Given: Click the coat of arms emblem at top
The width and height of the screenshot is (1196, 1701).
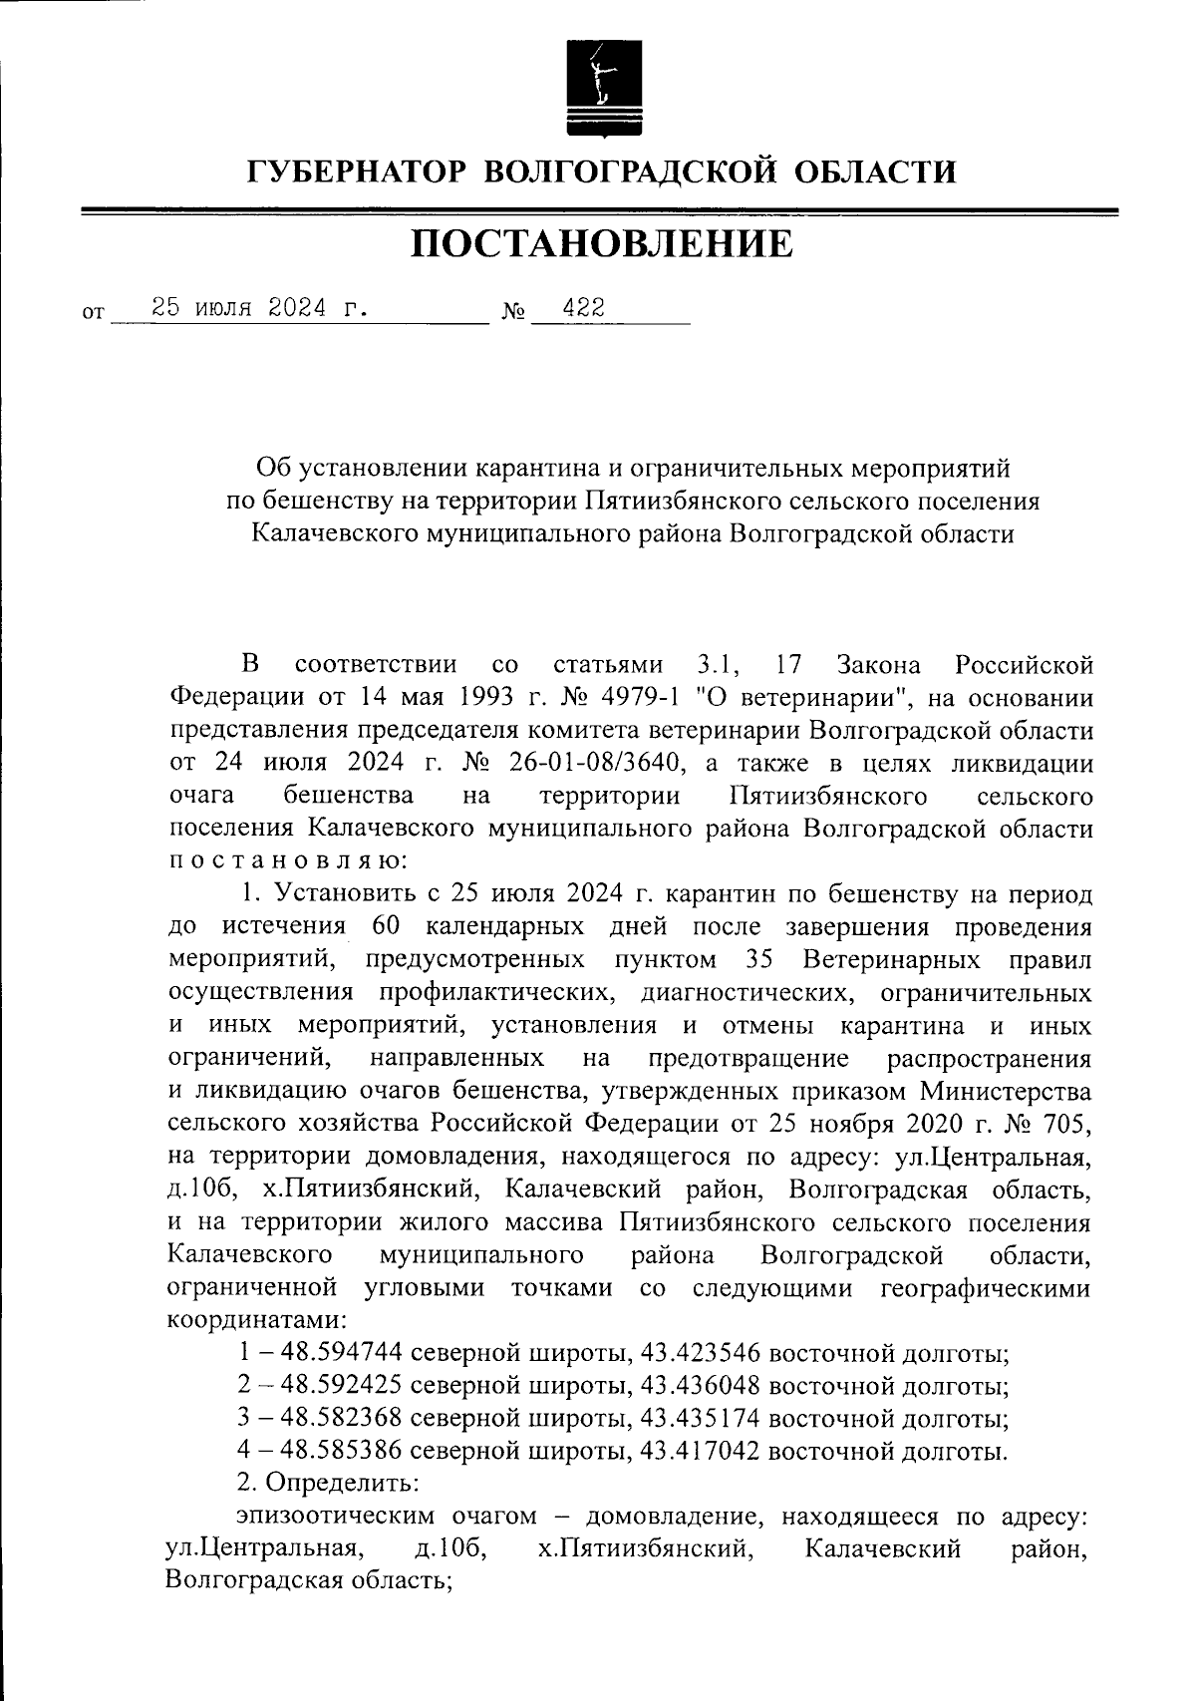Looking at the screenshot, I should click(x=599, y=89).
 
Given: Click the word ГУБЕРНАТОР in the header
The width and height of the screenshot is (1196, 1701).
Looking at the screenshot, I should click(x=355, y=171).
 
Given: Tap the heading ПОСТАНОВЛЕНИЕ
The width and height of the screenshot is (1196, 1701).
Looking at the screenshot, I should click(x=602, y=243).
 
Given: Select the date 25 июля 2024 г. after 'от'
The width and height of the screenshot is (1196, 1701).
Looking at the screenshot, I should click(x=258, y=309).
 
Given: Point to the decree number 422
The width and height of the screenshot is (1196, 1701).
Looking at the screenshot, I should click(x=583, y=309).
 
